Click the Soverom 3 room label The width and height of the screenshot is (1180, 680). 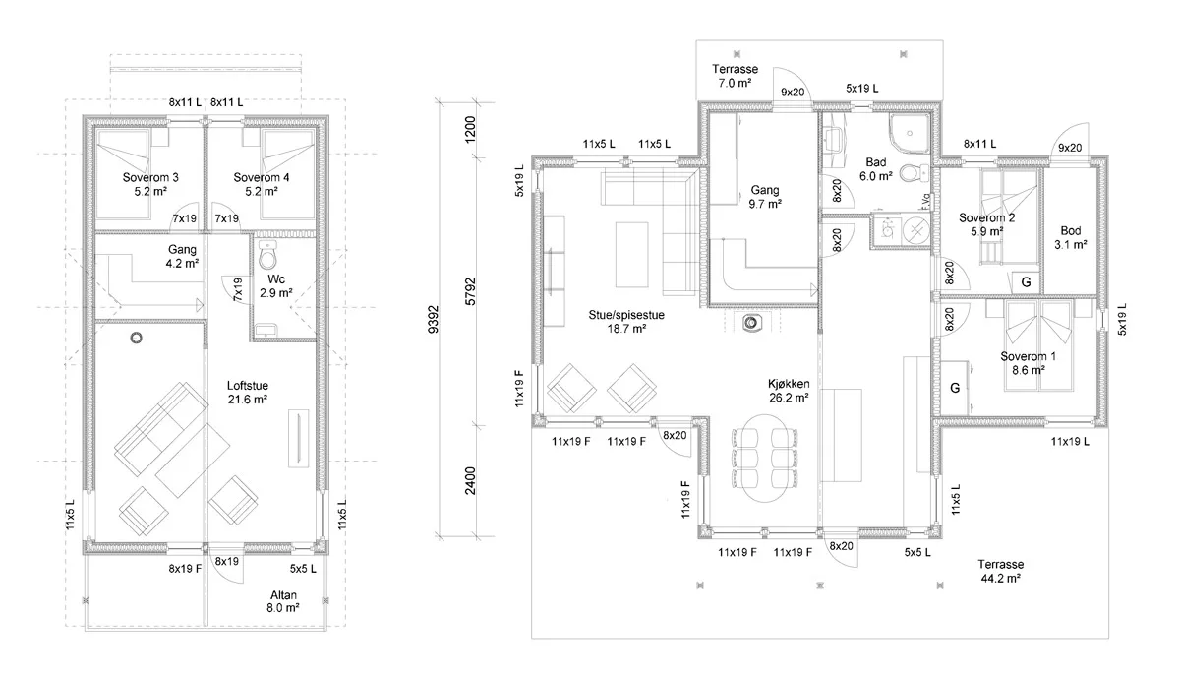pos(150,184)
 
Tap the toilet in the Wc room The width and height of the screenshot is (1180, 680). pos(268,255)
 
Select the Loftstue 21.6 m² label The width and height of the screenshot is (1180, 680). pos(248,393)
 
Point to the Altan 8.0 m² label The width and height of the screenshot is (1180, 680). pos(283,601)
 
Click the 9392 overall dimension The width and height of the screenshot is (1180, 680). pos(434,320)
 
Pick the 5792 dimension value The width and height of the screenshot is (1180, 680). pos(470,291)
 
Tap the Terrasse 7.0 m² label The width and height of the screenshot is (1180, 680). pos(735,76)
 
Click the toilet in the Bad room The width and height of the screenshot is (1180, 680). pos(914,173)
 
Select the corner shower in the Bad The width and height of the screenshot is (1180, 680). pos(909,134)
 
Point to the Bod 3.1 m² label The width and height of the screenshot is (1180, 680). pos(1071,237)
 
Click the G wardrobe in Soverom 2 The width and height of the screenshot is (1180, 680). pos(1026,282)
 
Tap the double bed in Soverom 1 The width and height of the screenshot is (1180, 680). pos(1038,345)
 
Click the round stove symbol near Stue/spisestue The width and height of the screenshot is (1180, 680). pos(751,322)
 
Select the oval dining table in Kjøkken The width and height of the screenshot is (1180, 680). pos(764,458)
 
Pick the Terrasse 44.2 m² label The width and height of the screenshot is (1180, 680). pos(1001,571)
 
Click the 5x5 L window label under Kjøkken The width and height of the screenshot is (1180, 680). pos(917,552)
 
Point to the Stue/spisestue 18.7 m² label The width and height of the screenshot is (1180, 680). pos(626,322)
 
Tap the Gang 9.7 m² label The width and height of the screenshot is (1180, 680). pos(765,197)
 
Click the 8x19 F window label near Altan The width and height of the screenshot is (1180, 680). pos(186,568)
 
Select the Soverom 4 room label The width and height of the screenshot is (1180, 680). pos(262,184)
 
